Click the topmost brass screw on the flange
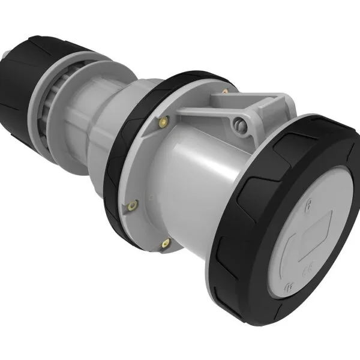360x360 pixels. (x=225, y=92)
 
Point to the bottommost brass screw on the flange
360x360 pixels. (x=166, y=243)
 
